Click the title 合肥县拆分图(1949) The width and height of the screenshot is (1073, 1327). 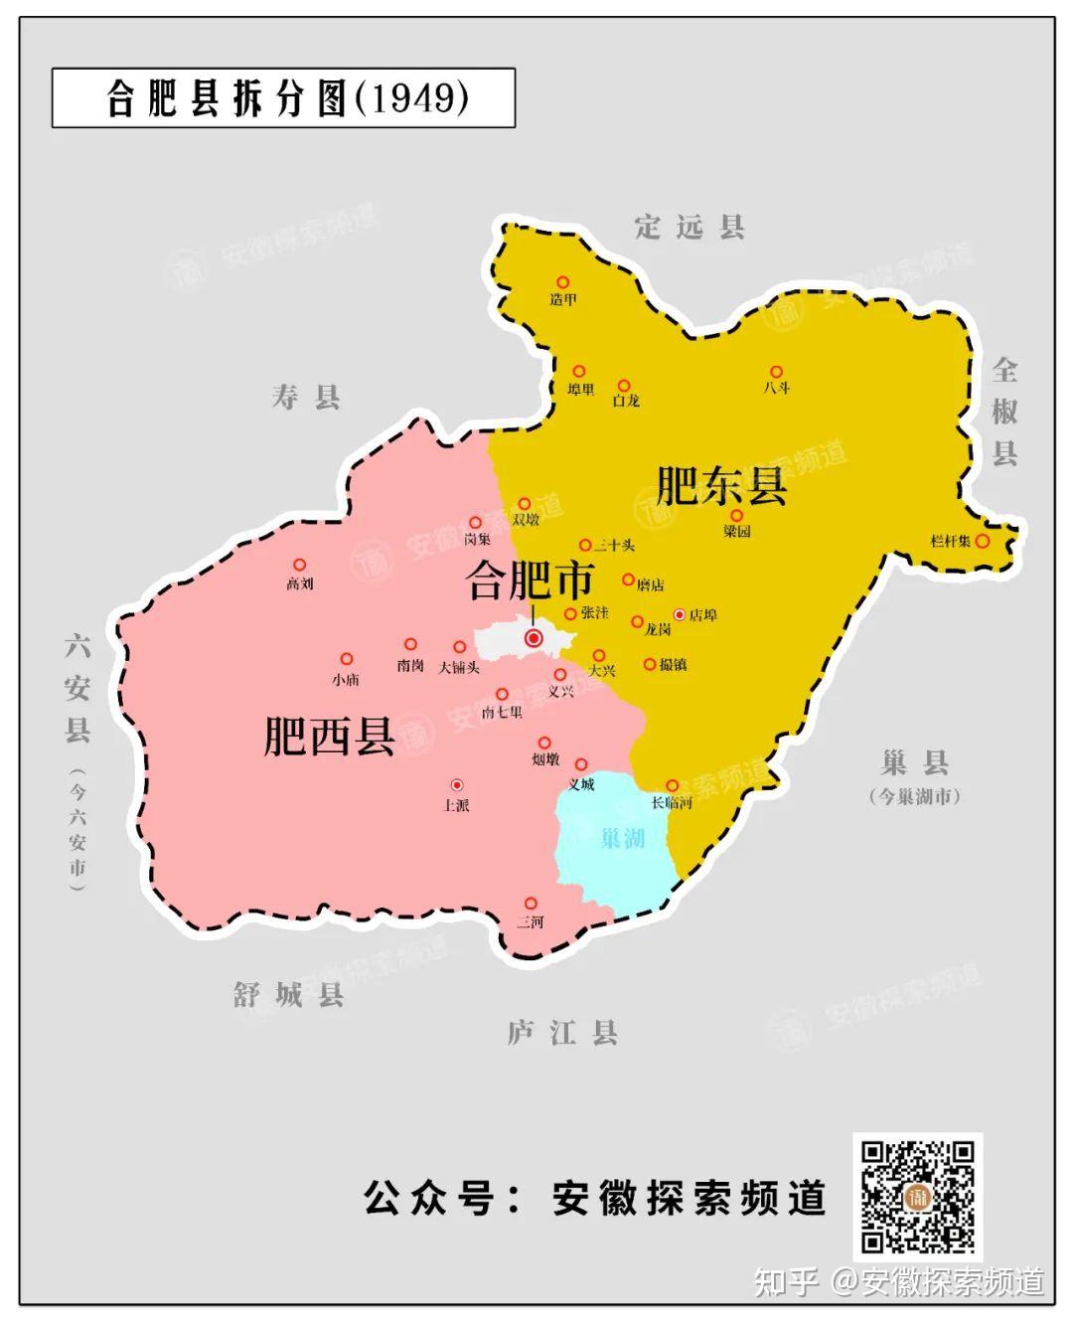point(285,98)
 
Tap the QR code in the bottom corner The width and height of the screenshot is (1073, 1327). point(917,1196)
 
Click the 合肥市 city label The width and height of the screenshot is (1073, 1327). point(531,581)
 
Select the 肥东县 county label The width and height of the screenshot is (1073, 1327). point(722,486)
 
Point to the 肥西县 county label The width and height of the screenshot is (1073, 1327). point(330,737)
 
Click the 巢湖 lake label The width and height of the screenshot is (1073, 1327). point(623,839)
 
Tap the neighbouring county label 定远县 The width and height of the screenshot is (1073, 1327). point(690,228)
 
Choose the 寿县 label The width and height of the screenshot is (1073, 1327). point(306,398)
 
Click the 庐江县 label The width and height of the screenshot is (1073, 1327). point(562,1033)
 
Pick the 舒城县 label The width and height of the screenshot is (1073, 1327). point(288,994)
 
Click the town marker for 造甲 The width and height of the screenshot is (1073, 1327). point(562,283)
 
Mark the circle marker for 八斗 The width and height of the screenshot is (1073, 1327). point(777,373)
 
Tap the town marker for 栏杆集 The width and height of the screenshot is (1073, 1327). point(982,541)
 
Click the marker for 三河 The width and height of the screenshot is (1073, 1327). point(531,904)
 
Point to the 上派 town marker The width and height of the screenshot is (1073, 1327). point(456,785)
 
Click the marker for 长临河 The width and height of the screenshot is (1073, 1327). point(672,785)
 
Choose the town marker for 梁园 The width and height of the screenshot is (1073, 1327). point(736,515)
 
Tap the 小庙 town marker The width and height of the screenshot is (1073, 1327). point(346,659)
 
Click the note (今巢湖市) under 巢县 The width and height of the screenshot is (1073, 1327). point(914,796)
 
